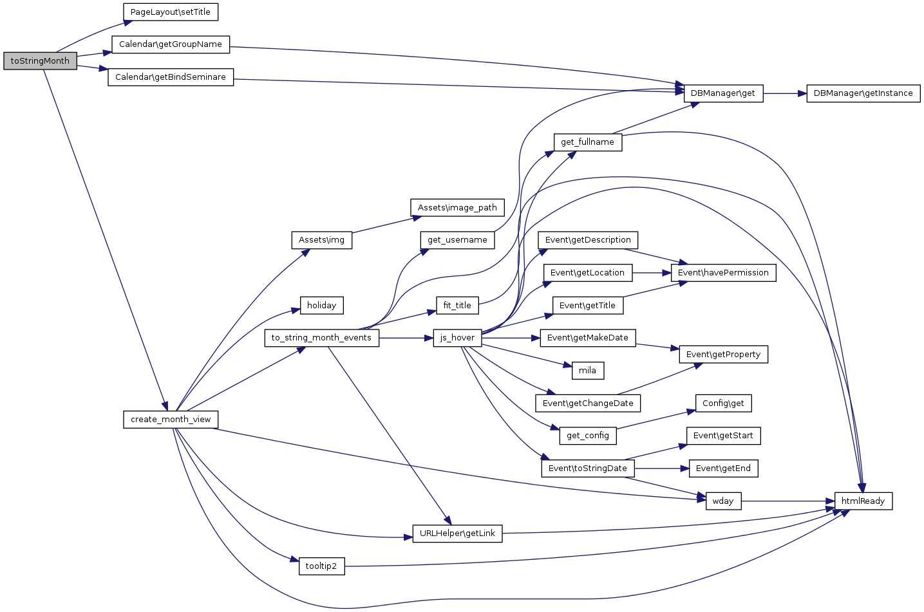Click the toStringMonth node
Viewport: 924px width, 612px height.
(x=40, y=61)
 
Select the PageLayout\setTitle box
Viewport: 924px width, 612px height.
(x=171, y=12)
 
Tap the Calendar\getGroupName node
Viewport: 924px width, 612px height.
(x=171, y=44)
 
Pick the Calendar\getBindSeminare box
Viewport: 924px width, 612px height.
(x=171, y=77)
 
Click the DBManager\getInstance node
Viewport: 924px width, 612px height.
(x=863, y=93)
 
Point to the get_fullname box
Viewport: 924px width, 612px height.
(x=587, y=142)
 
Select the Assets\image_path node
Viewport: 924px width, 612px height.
(x=457, y=208)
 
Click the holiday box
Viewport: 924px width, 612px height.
(x=321, y=306)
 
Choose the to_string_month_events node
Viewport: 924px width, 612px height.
(x=321, y=338)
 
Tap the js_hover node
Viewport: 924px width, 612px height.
(x=457, y=338)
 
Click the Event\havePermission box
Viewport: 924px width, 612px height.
(x=723, y=273)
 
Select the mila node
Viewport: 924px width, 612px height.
(x=587, y=371)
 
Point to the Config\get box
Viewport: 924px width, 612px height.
(x=723, y=403)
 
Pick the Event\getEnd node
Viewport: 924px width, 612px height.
(x=723, y=468)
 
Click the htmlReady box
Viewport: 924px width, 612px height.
(x=863, y=501)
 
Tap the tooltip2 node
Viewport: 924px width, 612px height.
(x=321, y=566)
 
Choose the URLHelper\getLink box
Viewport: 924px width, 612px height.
(x=457, y=533)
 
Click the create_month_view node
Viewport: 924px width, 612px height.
(x=171, y=420)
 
